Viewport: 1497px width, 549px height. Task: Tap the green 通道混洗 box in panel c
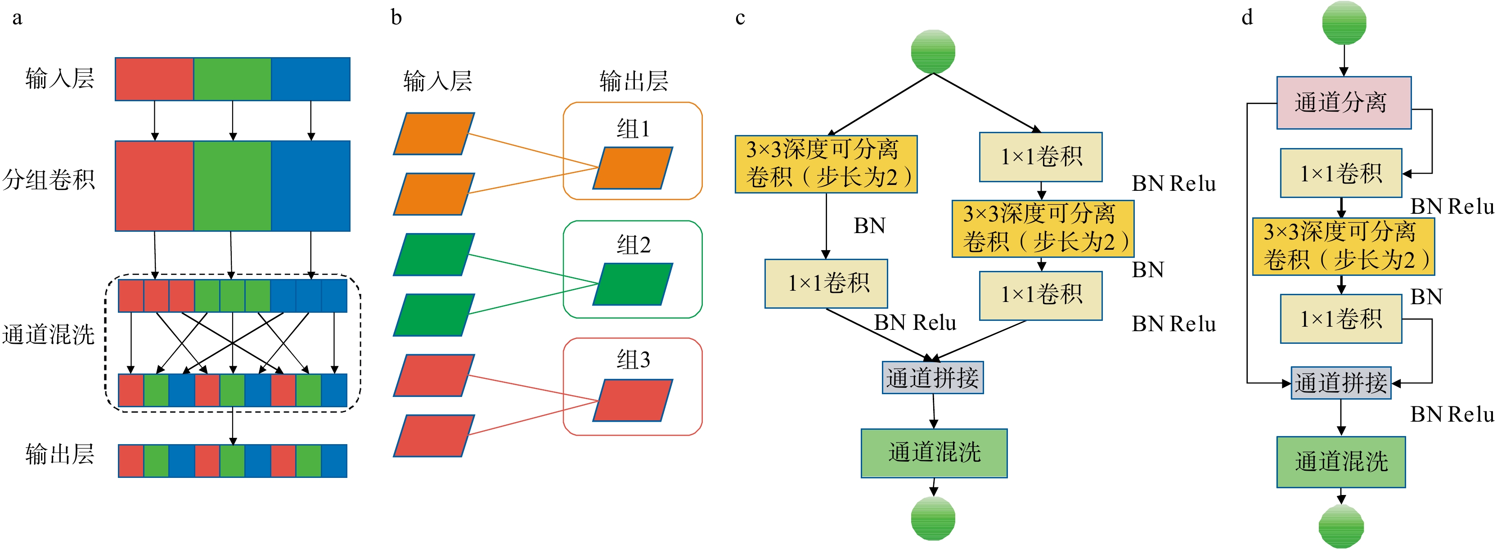point(934,453)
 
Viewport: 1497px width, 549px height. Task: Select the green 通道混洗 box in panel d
point(1341,462)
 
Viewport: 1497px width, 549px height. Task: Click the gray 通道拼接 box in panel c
point(933,378)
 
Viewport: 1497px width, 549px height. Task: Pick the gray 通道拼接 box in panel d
point(1341,383)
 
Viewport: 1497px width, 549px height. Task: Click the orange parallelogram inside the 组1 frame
point(632,168)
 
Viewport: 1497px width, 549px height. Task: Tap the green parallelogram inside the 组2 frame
point(632,284)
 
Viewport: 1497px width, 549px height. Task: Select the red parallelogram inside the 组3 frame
point(632,400)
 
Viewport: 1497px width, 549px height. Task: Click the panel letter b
point(396,18)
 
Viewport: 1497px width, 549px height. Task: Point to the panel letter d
point(1247,18)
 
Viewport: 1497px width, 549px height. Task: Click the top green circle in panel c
point(933,52)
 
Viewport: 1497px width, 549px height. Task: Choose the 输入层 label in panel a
point(59,78)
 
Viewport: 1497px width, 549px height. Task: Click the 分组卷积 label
point(48,180)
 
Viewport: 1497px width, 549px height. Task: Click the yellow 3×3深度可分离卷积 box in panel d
point(1343,246)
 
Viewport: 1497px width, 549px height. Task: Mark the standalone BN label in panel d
point(1426,297)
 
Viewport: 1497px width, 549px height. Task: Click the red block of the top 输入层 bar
point(155,79)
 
